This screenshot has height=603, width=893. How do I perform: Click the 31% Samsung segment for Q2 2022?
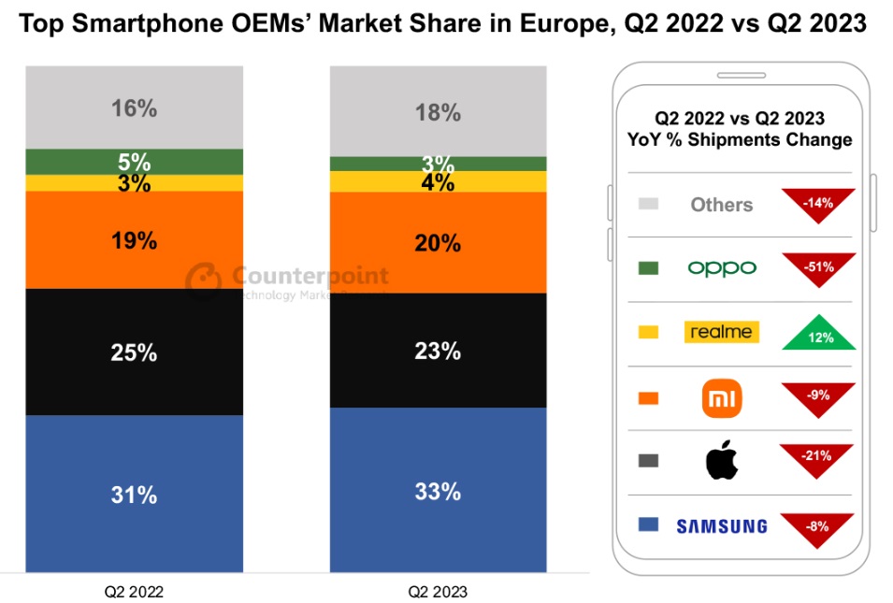coord(134,493)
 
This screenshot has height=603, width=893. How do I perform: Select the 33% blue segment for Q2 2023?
coord(438,490)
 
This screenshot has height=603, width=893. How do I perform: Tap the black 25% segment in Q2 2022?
coord(134,352)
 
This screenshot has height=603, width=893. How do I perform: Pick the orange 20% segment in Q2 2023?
coord(438,243)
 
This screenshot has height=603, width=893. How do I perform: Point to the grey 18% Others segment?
coord(438,112)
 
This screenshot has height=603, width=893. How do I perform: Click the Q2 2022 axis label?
coord(134,592)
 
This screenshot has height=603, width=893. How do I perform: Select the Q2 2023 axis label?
coord(438,592)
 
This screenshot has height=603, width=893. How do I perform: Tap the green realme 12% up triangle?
coord(820,333)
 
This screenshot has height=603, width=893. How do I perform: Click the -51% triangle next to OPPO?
coord(820,265)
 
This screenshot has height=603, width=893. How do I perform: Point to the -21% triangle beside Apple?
coord(820,458)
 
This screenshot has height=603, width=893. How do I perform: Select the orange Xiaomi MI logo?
coord(722,398)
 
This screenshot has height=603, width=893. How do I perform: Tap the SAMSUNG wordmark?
coord(721,526)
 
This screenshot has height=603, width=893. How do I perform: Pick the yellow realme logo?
coord(721,332)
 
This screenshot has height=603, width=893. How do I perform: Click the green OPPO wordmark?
coord(721,268)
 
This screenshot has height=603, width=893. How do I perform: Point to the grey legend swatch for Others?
coord(647,204)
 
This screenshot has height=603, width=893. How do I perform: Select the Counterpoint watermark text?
coord(308,276)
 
